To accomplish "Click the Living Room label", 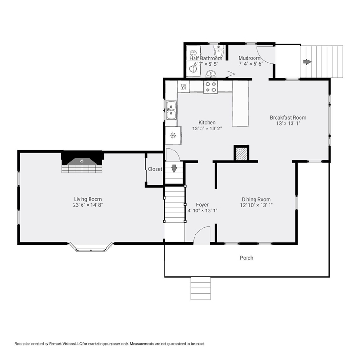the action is coord(88,199).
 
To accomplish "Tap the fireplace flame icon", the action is coord(82,161).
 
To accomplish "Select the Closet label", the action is coord(155,169).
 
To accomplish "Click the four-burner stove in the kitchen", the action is coord(211,87).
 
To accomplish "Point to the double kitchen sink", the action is coord(171,110).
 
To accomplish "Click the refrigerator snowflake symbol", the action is coord(173,135).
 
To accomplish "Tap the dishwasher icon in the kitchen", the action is coord(183,87).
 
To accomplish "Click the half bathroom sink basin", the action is coord(211,75).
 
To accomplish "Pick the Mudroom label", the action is coord(249,58).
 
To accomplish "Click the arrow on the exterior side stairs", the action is coord(307,62).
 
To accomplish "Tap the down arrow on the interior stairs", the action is coord(174,168).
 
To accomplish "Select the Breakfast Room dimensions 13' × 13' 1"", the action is coord(288,123).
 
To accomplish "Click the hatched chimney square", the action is coord(241,154).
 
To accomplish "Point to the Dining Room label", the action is coord(256,199).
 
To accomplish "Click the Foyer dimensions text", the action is coord(202,210).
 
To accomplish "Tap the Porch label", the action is coord(247,258).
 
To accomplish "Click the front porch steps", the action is coord(201,288).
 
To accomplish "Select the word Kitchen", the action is coord(207,123).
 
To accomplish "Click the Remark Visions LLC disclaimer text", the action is coord(109,344).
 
